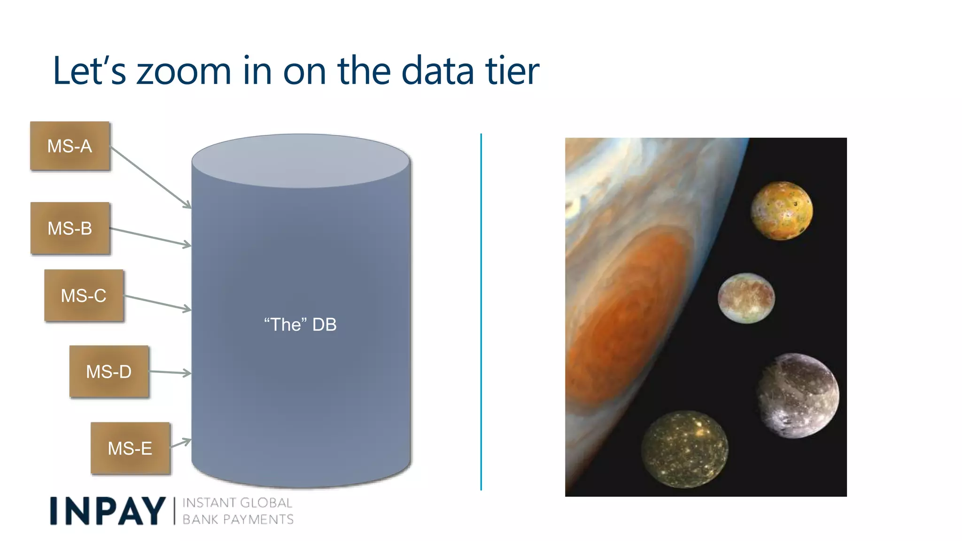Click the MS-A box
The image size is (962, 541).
coord(70,146)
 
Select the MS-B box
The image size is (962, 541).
coord(70,228)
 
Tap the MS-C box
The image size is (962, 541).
coord(84,295)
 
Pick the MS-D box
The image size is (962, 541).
coord(109,371)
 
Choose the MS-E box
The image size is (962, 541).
coord(130,448)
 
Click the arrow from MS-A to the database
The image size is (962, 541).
coord(150,177)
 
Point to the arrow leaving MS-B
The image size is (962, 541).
coord(150,237)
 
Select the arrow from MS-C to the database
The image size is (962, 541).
coord(157,302)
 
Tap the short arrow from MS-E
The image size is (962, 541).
coord(180,443)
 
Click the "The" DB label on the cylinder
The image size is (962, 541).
coord(300,325)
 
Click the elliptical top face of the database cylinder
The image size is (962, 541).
coord(301,161)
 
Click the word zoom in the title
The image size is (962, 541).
coord(184,71)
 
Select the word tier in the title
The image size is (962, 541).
coord(512,71)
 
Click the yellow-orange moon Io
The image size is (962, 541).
coord(781,210)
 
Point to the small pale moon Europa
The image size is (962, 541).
coord(746,298)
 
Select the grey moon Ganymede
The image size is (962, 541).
coord(798,395)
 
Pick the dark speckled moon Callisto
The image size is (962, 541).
coord(684,449)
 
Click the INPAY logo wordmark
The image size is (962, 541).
coord(108,511)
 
